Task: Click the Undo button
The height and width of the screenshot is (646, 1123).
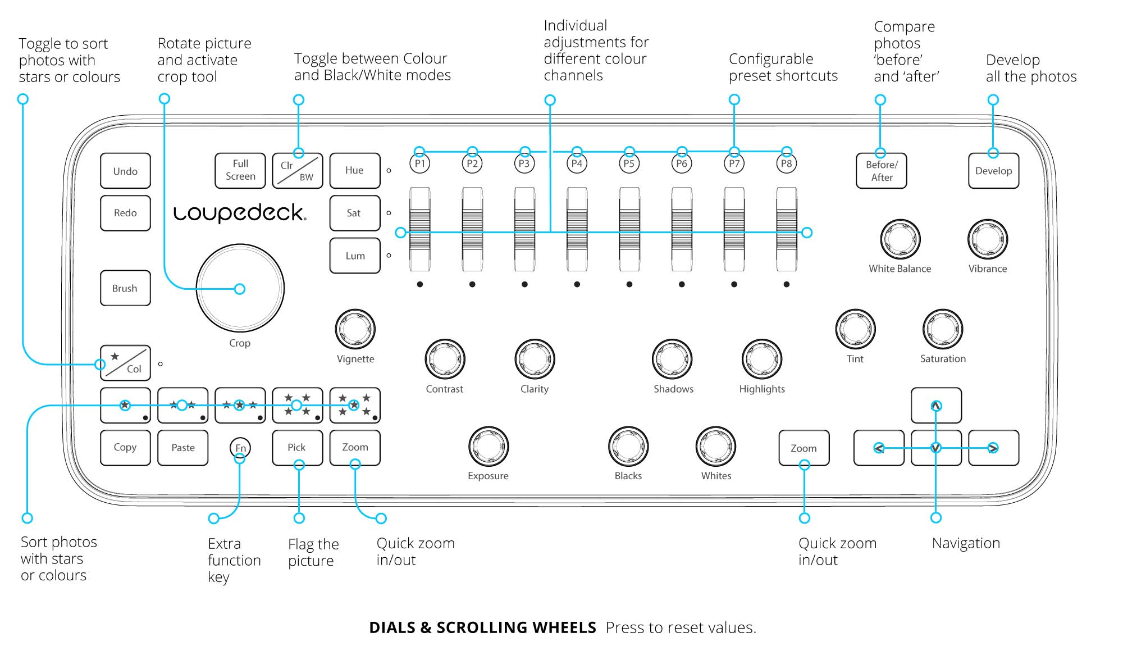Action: point(125,171)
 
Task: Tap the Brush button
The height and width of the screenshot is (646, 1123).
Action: point(125,288)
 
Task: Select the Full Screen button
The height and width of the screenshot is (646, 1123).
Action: point(240,170)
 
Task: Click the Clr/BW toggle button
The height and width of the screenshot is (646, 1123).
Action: point(298,171)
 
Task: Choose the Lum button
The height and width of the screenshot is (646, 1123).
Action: point(355,256)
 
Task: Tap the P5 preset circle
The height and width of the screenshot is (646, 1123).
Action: point(629,163)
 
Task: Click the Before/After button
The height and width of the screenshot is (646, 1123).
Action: point(882,171)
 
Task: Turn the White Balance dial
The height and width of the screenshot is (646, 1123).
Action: point(900,239)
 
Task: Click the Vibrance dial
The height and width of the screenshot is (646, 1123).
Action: point(988,239)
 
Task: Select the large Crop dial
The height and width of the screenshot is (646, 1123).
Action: point(240,288)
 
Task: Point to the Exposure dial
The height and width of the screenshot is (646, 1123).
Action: point(489,446)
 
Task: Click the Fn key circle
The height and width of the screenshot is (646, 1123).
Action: point(240,448)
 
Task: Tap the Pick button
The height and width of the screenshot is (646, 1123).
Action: point(298,448)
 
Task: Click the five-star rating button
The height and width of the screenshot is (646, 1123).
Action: point(355,405)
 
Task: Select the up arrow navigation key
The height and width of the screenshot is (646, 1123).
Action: point(936,405)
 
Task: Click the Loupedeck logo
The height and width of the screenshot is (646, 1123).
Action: point(240,213)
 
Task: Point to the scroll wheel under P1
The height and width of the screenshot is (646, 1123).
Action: point(420,229)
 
